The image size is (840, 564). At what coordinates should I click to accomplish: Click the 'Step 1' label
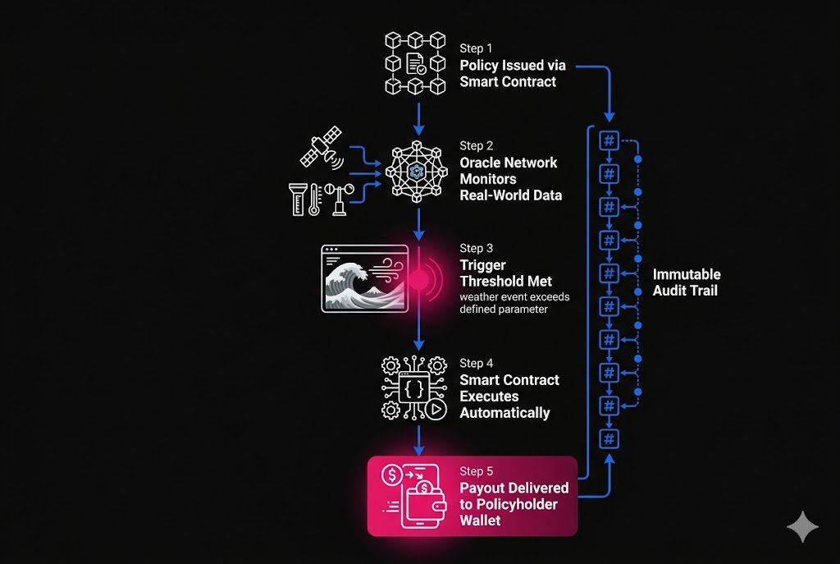point(476,48)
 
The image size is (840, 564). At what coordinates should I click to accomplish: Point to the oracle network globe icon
point(418,171)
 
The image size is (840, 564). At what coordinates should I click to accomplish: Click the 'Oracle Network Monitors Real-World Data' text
point(509,179)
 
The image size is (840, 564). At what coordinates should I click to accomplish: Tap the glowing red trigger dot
point(419,279)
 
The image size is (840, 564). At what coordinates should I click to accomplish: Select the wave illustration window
point(363,278)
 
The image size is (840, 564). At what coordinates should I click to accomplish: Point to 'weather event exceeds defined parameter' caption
point(514,303)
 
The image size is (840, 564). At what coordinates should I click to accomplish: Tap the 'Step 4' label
point(477,363)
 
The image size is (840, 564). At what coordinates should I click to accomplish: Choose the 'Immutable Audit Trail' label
point(686,282)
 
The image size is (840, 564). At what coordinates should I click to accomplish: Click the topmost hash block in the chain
point(609,140)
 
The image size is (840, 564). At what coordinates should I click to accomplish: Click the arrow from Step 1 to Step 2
point(419,117)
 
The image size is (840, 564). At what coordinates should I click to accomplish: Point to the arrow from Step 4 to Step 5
point(419,440)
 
